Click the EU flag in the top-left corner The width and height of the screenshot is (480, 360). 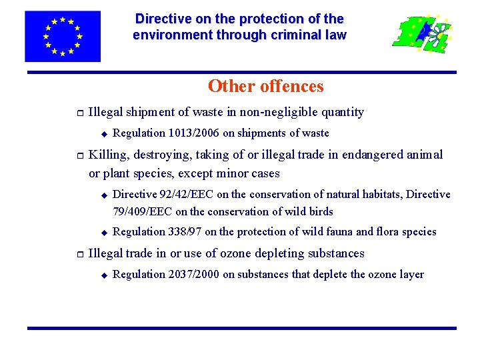point(63,36)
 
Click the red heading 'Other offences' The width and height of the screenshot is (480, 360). point(265,87)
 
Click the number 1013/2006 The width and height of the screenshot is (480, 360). point(194,133)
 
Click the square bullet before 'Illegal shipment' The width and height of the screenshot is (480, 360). point(79,113)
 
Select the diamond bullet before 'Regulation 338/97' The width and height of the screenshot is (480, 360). point(103,232)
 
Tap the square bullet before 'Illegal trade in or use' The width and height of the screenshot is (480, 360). point(79,253)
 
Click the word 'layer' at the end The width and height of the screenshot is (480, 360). point(411,274)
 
